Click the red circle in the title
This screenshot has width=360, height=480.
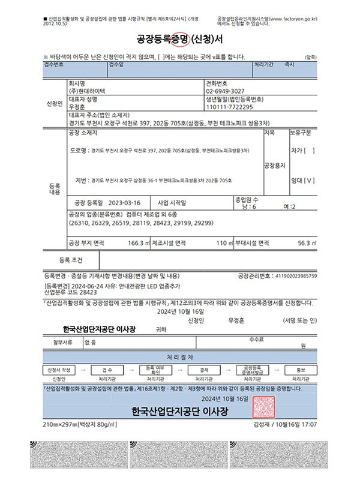point(181,40)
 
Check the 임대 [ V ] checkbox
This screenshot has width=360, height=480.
point(302,179)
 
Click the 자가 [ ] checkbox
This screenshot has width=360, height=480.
point(302,150)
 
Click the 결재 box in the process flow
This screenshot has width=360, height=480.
point(205,370)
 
